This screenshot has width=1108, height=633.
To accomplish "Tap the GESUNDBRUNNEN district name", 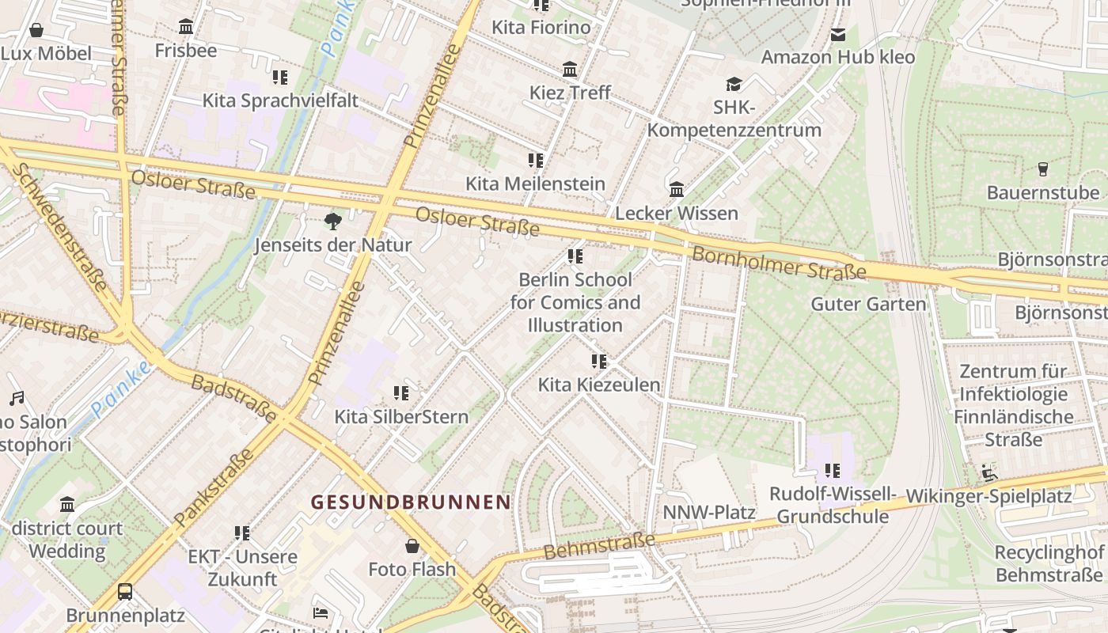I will [411, 502].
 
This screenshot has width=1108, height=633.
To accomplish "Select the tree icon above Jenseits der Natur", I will [333, 221].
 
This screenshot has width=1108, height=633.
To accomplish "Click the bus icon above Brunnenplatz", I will [125, 591].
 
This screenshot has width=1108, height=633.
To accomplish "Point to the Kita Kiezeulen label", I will [599, 385].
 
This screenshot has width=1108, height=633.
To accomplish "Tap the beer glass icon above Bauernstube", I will [1042, 169].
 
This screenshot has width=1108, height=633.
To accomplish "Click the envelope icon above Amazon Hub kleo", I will [837, 34].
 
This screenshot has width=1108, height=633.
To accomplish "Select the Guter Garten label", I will [868, 304].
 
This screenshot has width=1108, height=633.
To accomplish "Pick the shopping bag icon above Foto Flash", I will [412, 546].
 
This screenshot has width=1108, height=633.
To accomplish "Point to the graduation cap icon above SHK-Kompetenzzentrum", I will [734, 84].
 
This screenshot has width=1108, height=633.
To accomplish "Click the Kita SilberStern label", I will [401, 416].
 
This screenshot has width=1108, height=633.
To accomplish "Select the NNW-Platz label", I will [708, 512].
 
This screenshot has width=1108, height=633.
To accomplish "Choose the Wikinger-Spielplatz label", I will [988, 496].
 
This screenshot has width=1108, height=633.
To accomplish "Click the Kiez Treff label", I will [570, 93].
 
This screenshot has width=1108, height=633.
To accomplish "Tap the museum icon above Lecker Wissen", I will [677, 190].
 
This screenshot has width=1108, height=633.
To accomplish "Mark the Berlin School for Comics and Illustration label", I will [575, 302].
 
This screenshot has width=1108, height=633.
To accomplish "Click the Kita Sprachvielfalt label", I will [280, 100].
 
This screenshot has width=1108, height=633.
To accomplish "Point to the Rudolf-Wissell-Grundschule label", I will [833, 506].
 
